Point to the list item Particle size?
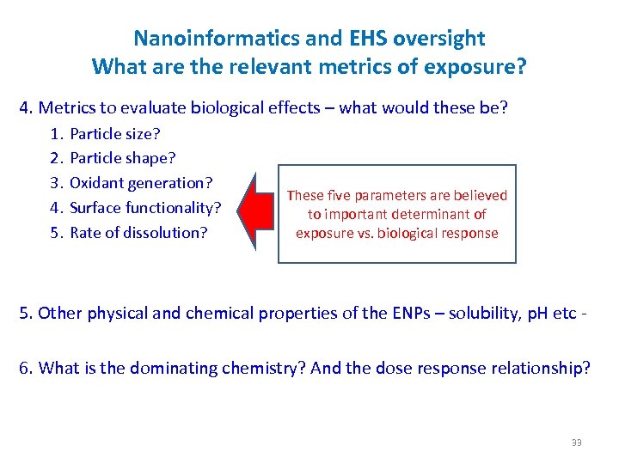click(x=115, y=134)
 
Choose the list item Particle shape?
click(x=123, y=158)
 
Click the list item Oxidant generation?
click(x=141, y=183)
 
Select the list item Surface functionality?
click(x=145, y=207)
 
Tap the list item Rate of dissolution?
click(x=138, y=232)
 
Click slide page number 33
click(x=576, y=443)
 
